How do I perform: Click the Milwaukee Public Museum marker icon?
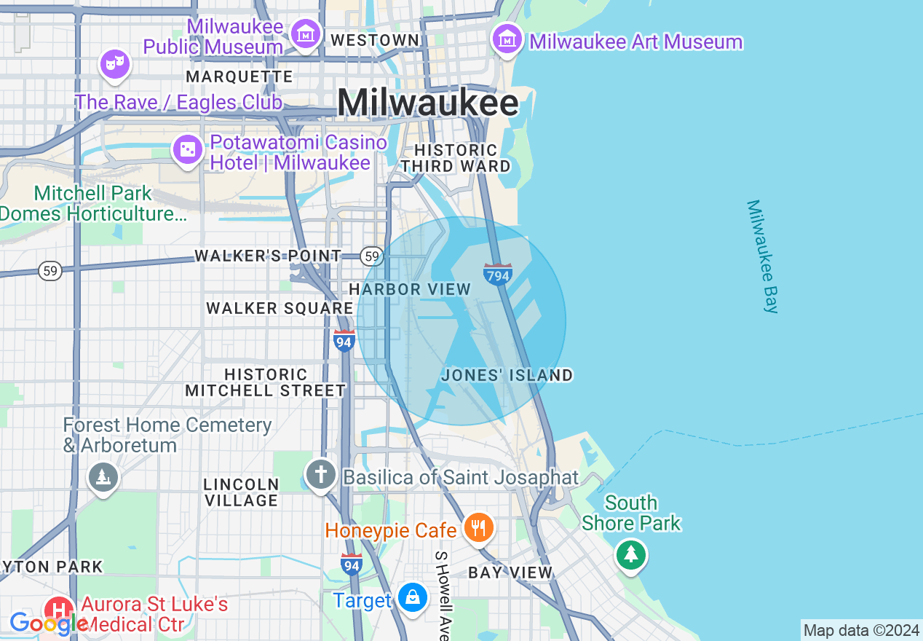(x=306, y=33)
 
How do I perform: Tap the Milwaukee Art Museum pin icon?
(x=507, y=38)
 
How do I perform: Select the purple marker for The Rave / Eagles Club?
(x=114, y=64)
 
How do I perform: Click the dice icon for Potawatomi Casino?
(x=187, y=150)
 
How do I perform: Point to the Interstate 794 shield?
(x=498, y=274)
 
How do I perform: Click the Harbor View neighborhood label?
(x=410, y=289)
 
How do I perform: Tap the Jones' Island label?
(x=507, y=376)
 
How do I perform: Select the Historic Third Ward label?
(x=456, y=158)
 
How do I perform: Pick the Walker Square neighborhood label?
(x=280, y=308)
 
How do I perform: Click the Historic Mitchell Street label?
(x=265, y=382)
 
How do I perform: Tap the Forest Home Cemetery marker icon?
(x=103, y=478)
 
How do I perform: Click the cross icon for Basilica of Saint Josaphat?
(x=320, y=474)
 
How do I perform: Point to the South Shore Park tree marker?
(x=630, y=555)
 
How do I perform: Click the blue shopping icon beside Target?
(x=413, y=597)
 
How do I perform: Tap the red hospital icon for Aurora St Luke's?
(x=58, y=610)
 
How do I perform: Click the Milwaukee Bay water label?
(x=763, y=256)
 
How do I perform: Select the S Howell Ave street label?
(x=442, y=594)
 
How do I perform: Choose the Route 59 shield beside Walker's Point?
(x=372, y=256)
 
